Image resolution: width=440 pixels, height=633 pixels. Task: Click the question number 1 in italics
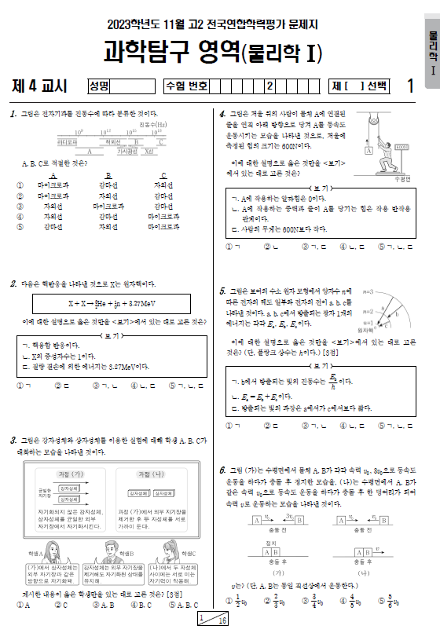coord(14,115)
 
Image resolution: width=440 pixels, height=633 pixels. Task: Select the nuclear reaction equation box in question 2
coord(108,304)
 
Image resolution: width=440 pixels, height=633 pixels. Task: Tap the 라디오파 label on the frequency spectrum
coord(68,142)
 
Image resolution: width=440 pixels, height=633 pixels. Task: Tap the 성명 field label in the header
coord(99,86)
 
